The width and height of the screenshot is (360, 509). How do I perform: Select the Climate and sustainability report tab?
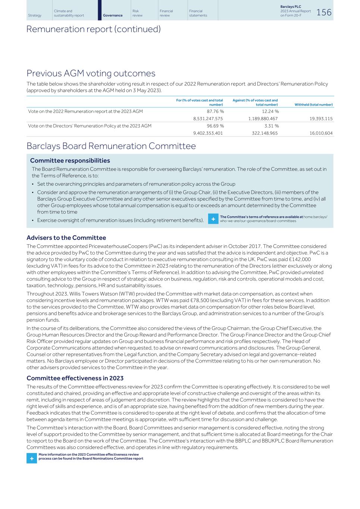(x=69, y=13)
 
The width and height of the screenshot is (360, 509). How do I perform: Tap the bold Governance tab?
(x=113, y=15)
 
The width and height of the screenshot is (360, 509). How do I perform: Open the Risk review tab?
(x=137, y=13)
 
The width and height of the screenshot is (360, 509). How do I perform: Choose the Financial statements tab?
(x=198, y=13)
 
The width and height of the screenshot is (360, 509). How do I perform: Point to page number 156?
(x=323, y=12)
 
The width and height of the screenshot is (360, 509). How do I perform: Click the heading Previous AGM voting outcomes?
(x=91, y=73)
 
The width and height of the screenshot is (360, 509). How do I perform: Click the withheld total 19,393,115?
(x=321, y=119)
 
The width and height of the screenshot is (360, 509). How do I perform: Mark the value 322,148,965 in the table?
(x=264, y=133)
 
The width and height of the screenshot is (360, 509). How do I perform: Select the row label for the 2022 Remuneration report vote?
(x=85, y=111)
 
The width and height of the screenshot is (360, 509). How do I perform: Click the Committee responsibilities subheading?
(x=70, y=161)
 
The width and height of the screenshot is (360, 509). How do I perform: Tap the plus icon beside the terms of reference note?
(x=213, y=219)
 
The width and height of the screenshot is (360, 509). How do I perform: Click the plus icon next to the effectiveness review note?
(x=32, y=458)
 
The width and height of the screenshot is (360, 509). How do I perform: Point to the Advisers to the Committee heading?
(x=66, y=238)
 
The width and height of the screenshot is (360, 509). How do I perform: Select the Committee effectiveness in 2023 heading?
(x=75, y=378)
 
